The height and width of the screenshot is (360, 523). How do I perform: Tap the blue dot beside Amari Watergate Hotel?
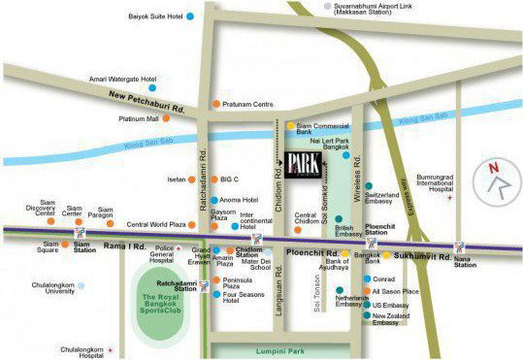(x=166, y=79)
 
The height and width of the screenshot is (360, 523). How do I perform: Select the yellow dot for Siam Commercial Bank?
(x=289, y=125)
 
